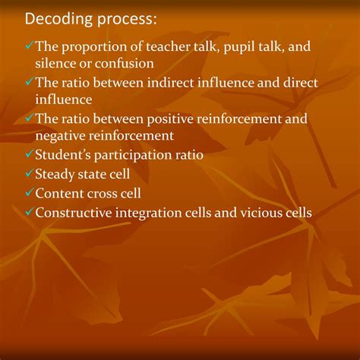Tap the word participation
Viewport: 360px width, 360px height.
[146, 155]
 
